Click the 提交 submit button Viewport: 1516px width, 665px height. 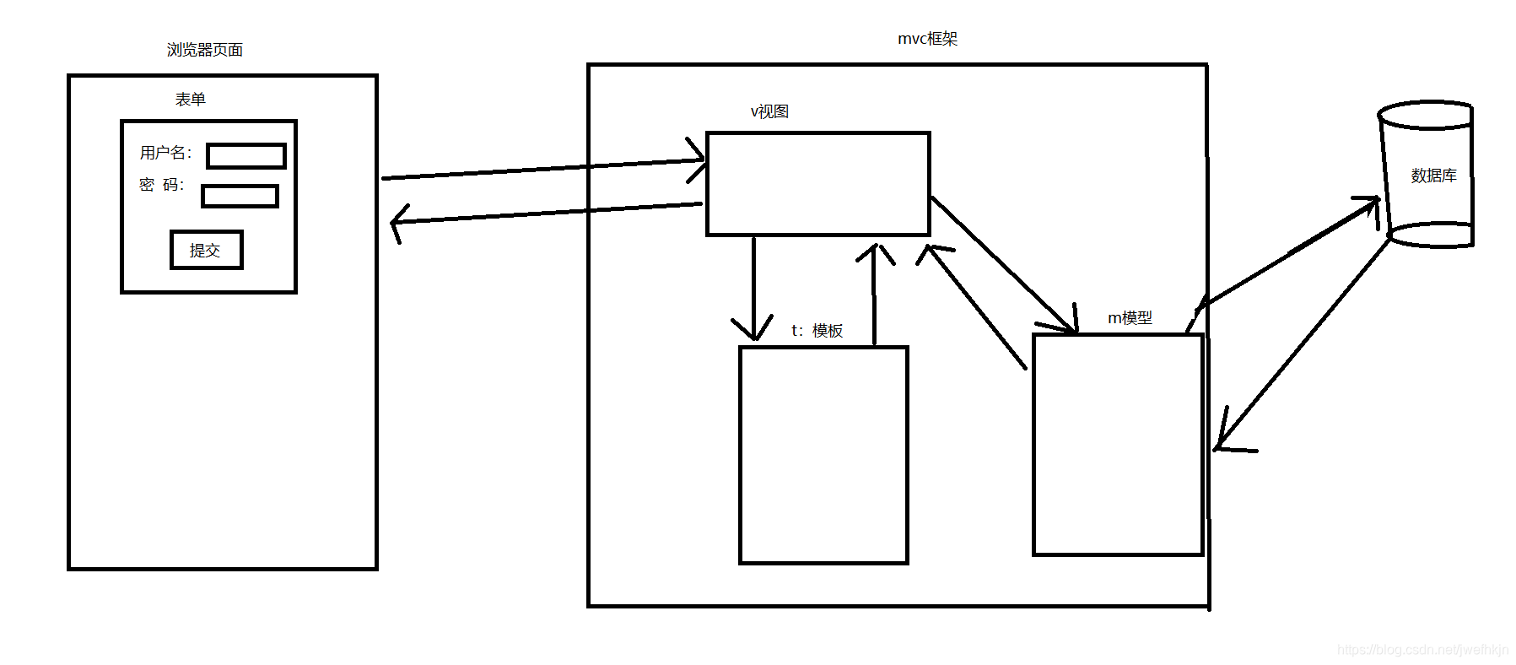[x=206, y=250]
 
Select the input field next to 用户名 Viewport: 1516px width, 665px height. [x=246, y=156]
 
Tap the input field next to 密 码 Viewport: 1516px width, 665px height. [x=240, y=196]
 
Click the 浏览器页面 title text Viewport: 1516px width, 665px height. [x=205, y=50]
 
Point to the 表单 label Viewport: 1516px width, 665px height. [x=191, y=100]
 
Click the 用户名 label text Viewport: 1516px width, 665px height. [x=165, y=153]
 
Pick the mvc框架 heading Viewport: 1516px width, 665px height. [x=927, y=39]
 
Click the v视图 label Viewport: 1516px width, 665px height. [x=769, y=111]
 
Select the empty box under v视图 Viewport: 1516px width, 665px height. [x=817, y=183]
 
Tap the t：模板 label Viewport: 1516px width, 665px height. [x=817, y=331]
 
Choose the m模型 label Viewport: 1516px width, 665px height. [x=1130, y=318]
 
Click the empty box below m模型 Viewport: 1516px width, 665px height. [x=1117, y=445]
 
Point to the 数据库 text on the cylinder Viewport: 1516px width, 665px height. [x=1433, y=176]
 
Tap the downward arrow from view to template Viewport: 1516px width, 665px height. [x=753, y=287]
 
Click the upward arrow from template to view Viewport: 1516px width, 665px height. [x=874, y=295]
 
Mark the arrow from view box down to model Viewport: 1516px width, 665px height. [x=1004, y=266]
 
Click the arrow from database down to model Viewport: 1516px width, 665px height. [x=1303, y=346]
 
